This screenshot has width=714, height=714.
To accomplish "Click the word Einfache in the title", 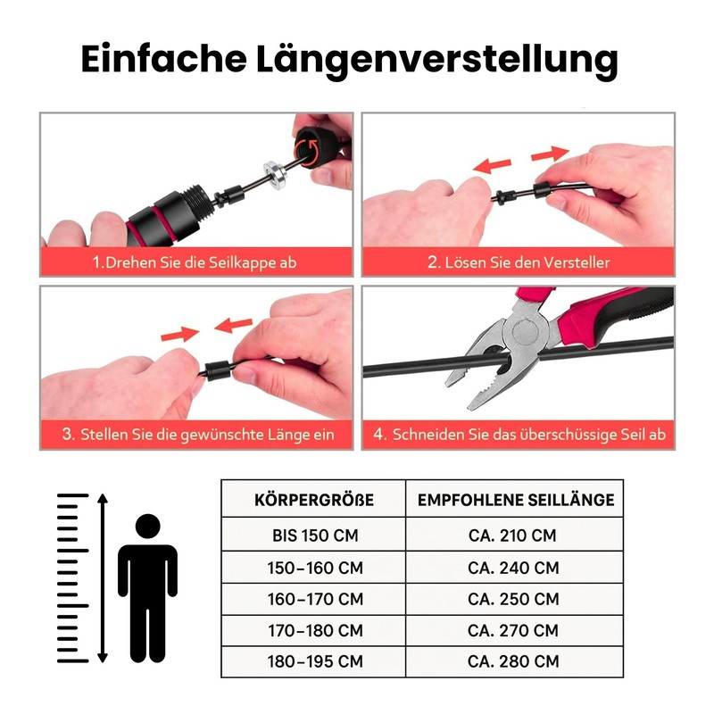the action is [164, 59].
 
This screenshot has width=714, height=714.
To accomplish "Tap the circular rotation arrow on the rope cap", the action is [307, 151].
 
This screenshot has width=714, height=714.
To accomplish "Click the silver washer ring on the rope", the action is [275, 174].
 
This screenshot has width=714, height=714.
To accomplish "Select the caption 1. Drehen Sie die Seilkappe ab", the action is [195, 262].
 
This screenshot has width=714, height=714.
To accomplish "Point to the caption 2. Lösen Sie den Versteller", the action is [519, 262].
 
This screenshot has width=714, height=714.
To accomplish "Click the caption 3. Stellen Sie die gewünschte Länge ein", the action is [198, 435].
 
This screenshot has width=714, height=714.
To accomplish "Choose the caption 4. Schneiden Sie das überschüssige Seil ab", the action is [519, 435].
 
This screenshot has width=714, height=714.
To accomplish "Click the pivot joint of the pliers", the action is [527, 331].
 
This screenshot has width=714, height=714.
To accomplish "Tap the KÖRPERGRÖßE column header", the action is [314, 500].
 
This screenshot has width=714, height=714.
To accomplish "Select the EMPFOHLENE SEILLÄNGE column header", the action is [516, 500].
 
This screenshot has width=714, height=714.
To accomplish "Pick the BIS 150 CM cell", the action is [315, 535].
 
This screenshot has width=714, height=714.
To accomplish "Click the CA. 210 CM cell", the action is [512, 535].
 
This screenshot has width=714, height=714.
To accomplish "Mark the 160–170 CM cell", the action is [315, 599].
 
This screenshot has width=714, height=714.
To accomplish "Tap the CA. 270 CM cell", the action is [513, 631].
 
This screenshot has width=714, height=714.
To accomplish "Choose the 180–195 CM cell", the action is [315, 661].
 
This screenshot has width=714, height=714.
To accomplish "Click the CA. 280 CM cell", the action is [513, 661].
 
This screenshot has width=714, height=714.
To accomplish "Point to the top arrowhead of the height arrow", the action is [103, 498].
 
